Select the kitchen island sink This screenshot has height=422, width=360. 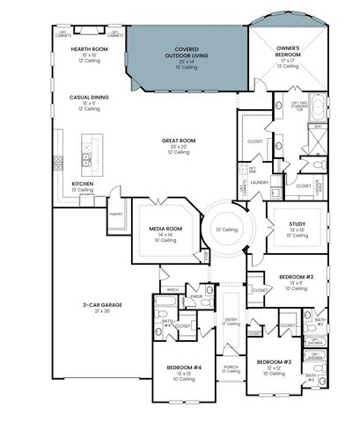tap(87, 159)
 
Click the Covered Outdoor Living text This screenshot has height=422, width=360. tap(186, 55)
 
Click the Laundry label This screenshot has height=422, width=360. tap(259, 183)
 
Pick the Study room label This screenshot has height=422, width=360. tap(297, 224)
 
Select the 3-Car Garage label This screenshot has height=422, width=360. tap(96, 305)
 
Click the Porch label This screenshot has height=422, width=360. tap(231, 367)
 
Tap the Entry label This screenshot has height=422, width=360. tap(231, 320)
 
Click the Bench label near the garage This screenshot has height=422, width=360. tap(173, 288)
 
